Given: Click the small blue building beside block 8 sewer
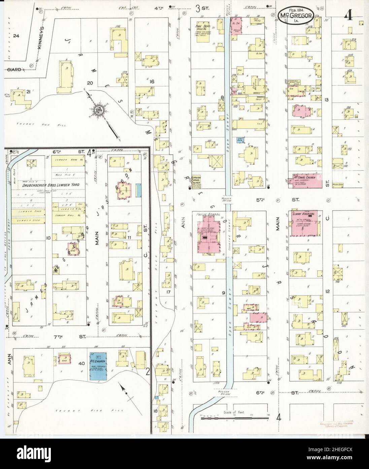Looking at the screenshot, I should point(240,140).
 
